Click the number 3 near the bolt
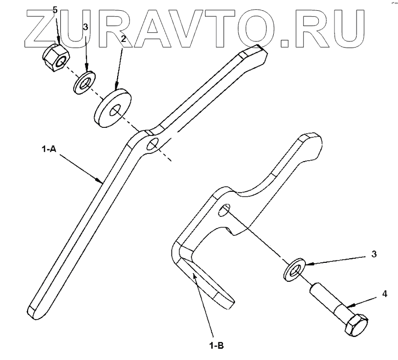point(374,254)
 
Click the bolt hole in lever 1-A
point(152,145)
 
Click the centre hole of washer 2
point(116,109)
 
